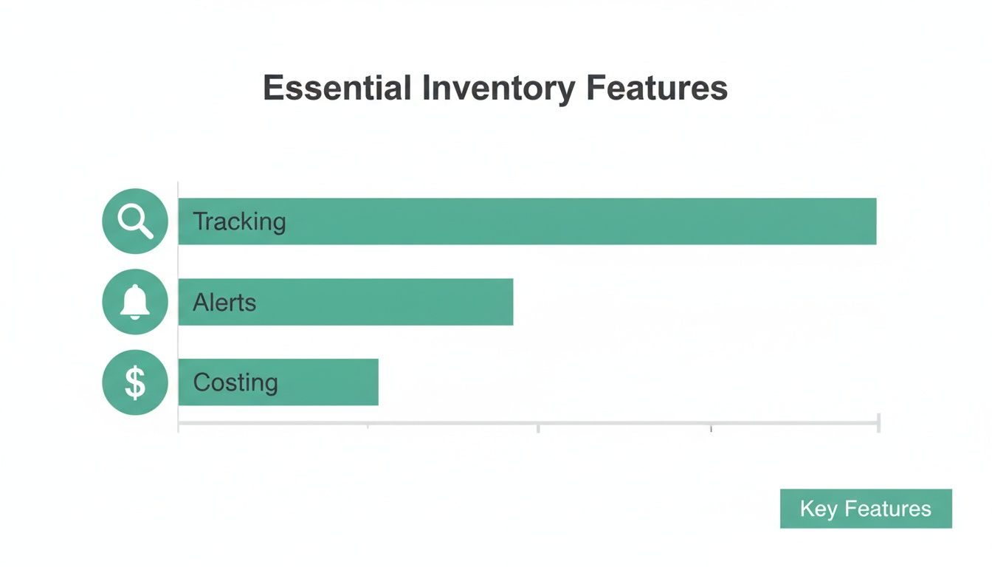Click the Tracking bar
[x=527, y=221]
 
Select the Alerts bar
[x=345, y=302]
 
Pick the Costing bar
[x=278, y=382]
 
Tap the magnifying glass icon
[x=135, y=221]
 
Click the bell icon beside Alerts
[x=135, y=302]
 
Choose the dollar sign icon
[x=135, y=382]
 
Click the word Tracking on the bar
[x=239, y=221]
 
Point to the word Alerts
[x=224, y=302]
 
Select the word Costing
[x=235, y=382]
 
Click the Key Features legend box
[x=866, y=509]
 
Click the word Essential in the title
[x=337, y=89]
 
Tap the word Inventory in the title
[x=499, y=89]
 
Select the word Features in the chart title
[x=657, y=89]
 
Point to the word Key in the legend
[x=818, y=509]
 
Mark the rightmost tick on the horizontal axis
[x=878, y=424]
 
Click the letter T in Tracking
[x=199, y=221]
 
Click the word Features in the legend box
[x=888, y=509]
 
